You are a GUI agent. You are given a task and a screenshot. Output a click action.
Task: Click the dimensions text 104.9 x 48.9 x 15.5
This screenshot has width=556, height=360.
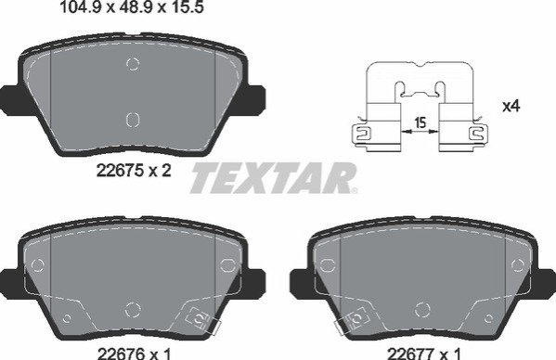132,6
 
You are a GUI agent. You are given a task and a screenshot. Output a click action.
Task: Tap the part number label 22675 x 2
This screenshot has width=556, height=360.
134,171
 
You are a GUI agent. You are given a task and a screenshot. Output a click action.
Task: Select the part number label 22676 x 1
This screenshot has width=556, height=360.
134,354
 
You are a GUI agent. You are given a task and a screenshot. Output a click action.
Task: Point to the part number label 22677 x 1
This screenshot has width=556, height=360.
424,354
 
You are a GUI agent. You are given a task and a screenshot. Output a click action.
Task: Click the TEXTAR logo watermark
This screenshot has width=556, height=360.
273,178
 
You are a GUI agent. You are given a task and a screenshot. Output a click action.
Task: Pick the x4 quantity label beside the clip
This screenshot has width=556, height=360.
511,106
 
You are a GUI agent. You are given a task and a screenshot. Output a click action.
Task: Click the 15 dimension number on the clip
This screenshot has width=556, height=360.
420,123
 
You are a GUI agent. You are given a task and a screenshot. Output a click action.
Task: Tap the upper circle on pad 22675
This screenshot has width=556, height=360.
133,64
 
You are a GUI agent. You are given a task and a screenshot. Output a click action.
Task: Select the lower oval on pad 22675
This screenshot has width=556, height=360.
133,120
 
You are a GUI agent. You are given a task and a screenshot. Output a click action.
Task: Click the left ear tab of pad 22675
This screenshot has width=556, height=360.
10,100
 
